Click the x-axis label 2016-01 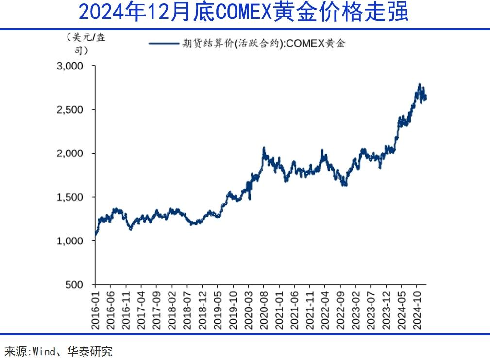coord(95,310)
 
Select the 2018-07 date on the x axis coord(187,310)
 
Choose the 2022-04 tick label coord(325,310)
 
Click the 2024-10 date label coord(417,310)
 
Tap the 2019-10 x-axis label coord(233,310)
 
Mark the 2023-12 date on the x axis coord(386,310)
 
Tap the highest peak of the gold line coord(419,84)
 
